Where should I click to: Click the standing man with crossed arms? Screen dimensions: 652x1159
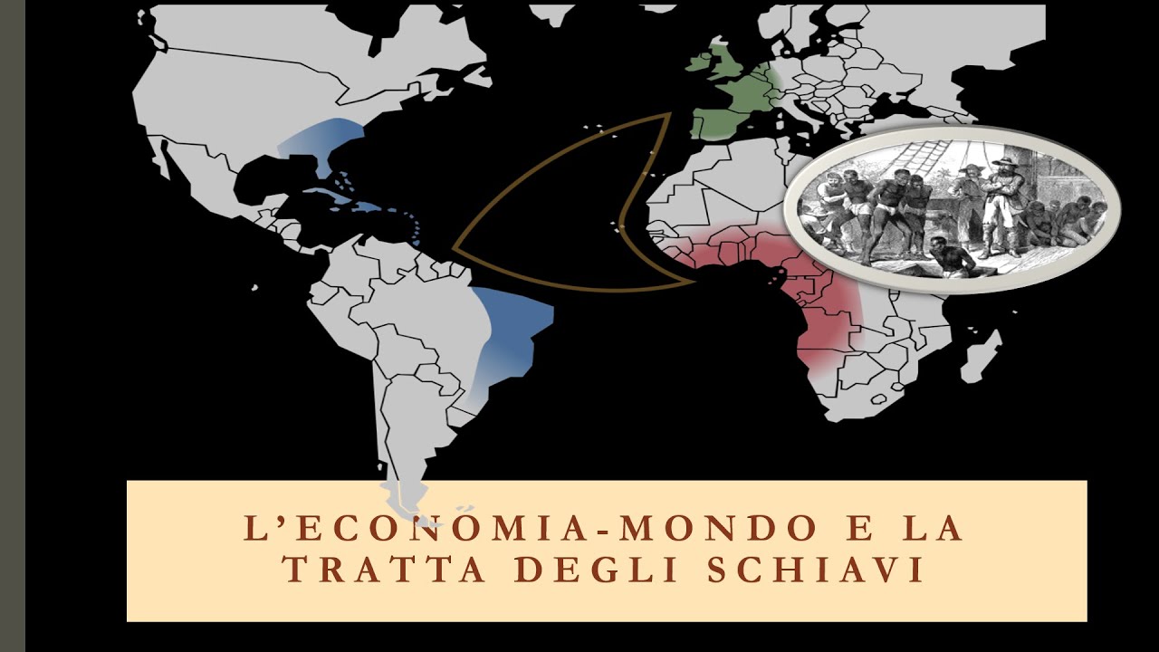pyautogui.click(x=1005, y=204)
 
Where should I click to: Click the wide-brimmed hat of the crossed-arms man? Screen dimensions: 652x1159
pyautogui.click(x=1004, y=162)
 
